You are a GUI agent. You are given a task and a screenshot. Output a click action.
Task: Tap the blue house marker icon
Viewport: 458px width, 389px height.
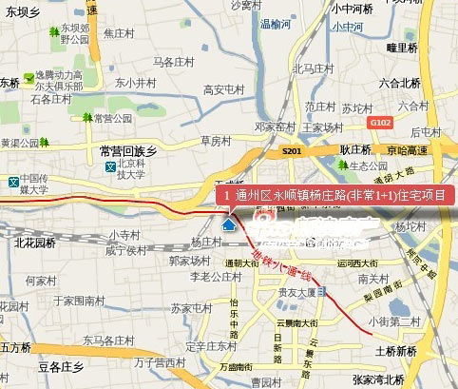click(x=228, y=225)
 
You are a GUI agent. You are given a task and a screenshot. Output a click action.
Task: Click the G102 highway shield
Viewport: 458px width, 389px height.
click(x=381, y=123)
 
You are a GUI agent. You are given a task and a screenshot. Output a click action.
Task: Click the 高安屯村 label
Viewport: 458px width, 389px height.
click(x=224, y=90)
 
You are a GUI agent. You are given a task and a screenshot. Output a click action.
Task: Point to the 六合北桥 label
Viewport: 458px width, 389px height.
click(x=399, y=84)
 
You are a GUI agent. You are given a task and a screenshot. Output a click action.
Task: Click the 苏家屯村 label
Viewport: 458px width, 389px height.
click(x=193, y=308)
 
